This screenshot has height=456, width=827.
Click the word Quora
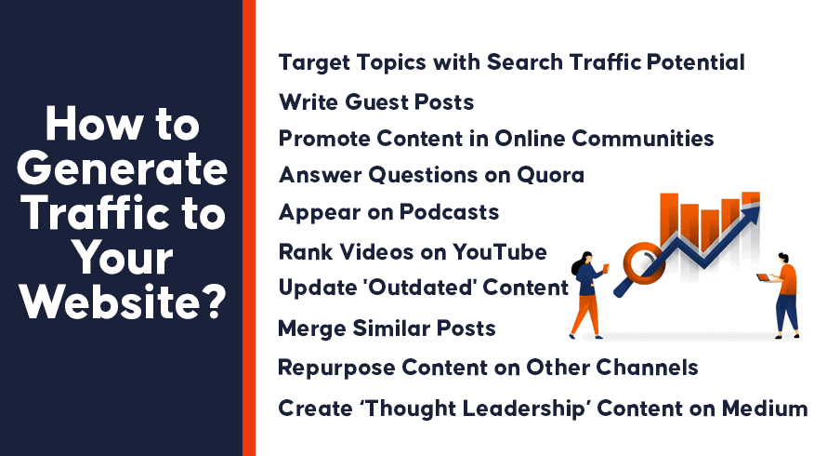pos(550,175)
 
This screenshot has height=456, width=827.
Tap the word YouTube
pos(500,252)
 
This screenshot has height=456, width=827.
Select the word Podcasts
pos(449,212)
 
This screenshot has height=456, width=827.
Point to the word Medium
pos(764,409)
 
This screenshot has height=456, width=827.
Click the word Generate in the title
pos(122,169)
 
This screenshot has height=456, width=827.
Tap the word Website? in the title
pos(123,302)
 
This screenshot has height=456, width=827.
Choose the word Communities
pos(642,139)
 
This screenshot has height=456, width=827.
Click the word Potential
pos(695,62)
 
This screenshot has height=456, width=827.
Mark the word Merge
pos(311,329)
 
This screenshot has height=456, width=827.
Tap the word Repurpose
pos(336,369)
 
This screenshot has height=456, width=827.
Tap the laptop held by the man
pos(763,277)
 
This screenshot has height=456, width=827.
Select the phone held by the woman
pos(606,267)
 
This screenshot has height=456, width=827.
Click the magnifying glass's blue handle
pos(627,284)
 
